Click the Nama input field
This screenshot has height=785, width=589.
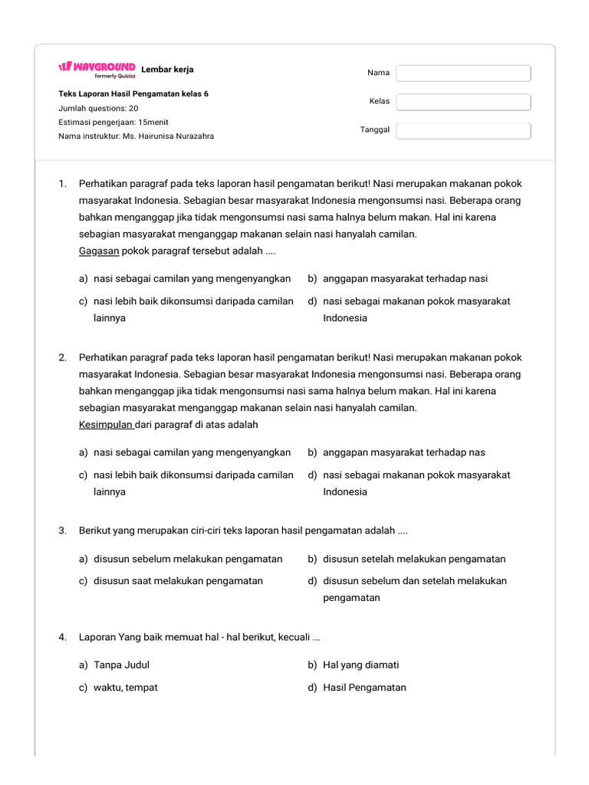click(463, 73)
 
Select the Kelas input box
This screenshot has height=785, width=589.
click(463, 102)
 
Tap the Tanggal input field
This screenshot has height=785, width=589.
click(463, 130)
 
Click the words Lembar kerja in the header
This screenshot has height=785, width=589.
click(167, 70)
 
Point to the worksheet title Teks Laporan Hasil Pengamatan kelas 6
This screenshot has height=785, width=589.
click(133, 94)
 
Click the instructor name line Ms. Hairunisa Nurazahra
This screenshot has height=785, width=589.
click(137, 136)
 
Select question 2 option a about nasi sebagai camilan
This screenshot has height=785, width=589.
click(192, 452)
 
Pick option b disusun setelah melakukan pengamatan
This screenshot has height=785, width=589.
click(414, 559)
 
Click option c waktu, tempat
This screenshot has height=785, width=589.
click(125, 688)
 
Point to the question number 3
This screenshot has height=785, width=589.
click(62, 530)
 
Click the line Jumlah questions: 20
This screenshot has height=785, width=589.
click(98, 108)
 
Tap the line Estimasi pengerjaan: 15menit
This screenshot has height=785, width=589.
click(114, 122)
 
